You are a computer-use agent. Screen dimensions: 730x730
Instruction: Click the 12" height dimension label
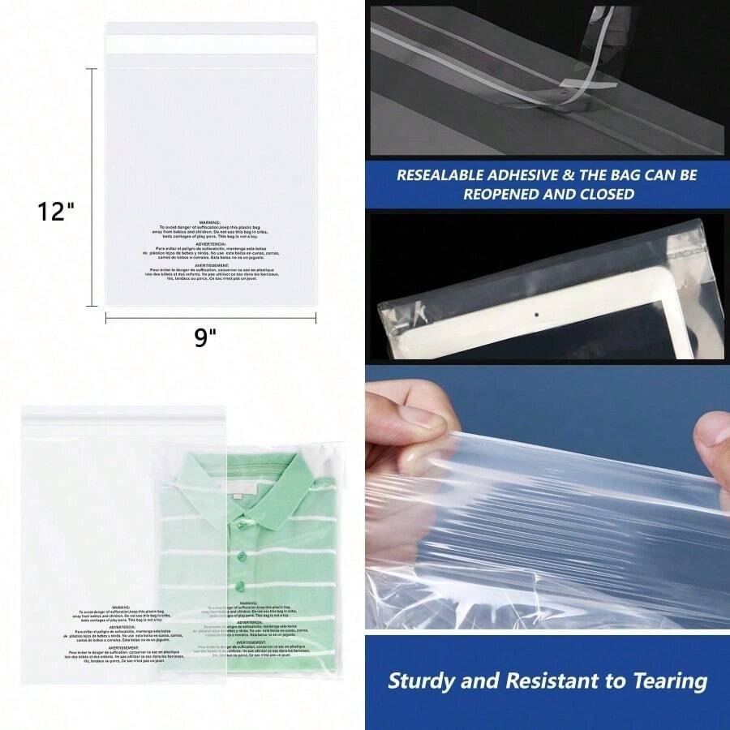(x=56, y=212)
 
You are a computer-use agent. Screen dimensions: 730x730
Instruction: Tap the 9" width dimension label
(x=206, y=337)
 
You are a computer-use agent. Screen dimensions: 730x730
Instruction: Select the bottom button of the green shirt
(x=240, y=586)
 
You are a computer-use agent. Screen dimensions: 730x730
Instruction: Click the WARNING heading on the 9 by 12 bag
(x=210, y=221)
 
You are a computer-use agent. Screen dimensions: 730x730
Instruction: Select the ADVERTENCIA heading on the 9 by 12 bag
(x=210, y=243)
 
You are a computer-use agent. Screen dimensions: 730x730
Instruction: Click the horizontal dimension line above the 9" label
(x=211, y=318)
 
